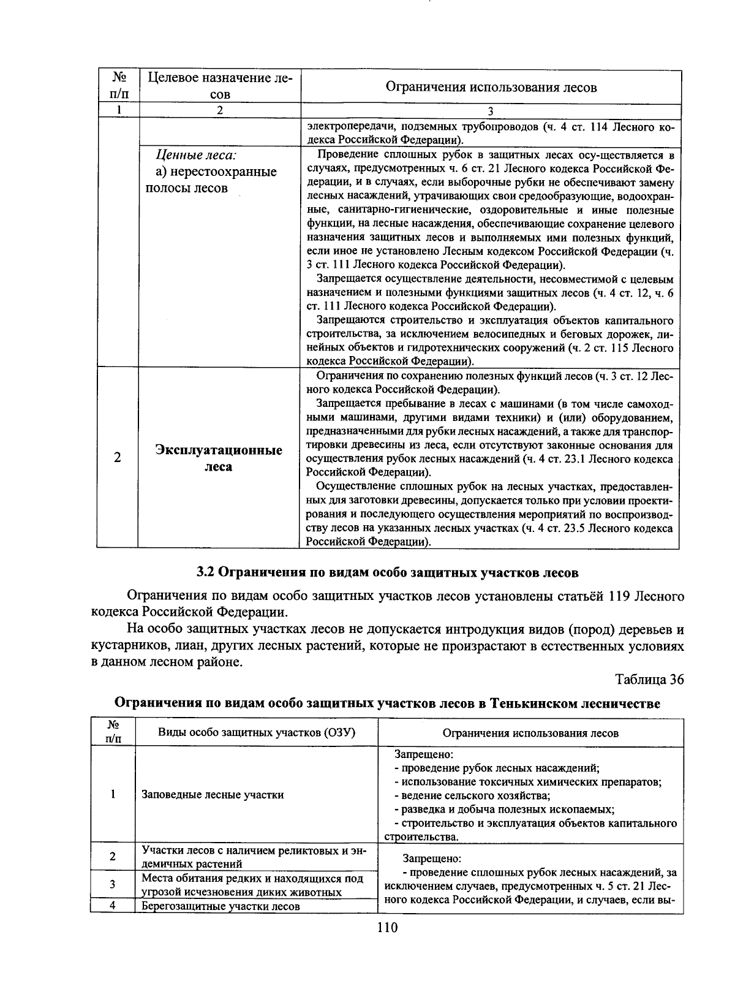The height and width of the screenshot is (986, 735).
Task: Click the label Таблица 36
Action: click(x=649, y=680)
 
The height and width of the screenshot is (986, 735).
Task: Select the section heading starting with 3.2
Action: click(x=387, y=572)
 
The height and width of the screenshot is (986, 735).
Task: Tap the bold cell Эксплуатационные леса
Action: click(x=219, y=458)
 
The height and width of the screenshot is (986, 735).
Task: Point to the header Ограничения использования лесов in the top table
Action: click(x=491, y=87)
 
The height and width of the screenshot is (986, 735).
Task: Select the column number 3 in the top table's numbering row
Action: click(x=491, y=111)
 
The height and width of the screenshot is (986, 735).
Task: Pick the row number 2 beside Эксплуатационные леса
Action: click(x=117, y=458)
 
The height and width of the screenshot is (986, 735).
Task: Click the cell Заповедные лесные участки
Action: click(x=213, y=795)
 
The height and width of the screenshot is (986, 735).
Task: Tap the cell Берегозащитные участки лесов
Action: click(x=221, y=906)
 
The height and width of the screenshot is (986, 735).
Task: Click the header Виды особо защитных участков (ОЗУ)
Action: click(x=257, y=732)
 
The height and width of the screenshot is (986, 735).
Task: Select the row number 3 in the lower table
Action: click(x=113, y=884)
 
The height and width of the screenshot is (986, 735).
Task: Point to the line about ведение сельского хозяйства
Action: click(x=472, y=795)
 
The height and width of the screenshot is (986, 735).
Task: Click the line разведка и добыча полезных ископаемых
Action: click(x=504, y=809)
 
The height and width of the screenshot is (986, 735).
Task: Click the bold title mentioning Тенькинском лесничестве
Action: click(x=387, y=703)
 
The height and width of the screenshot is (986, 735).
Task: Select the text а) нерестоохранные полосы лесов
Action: click(x=211, y=180)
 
